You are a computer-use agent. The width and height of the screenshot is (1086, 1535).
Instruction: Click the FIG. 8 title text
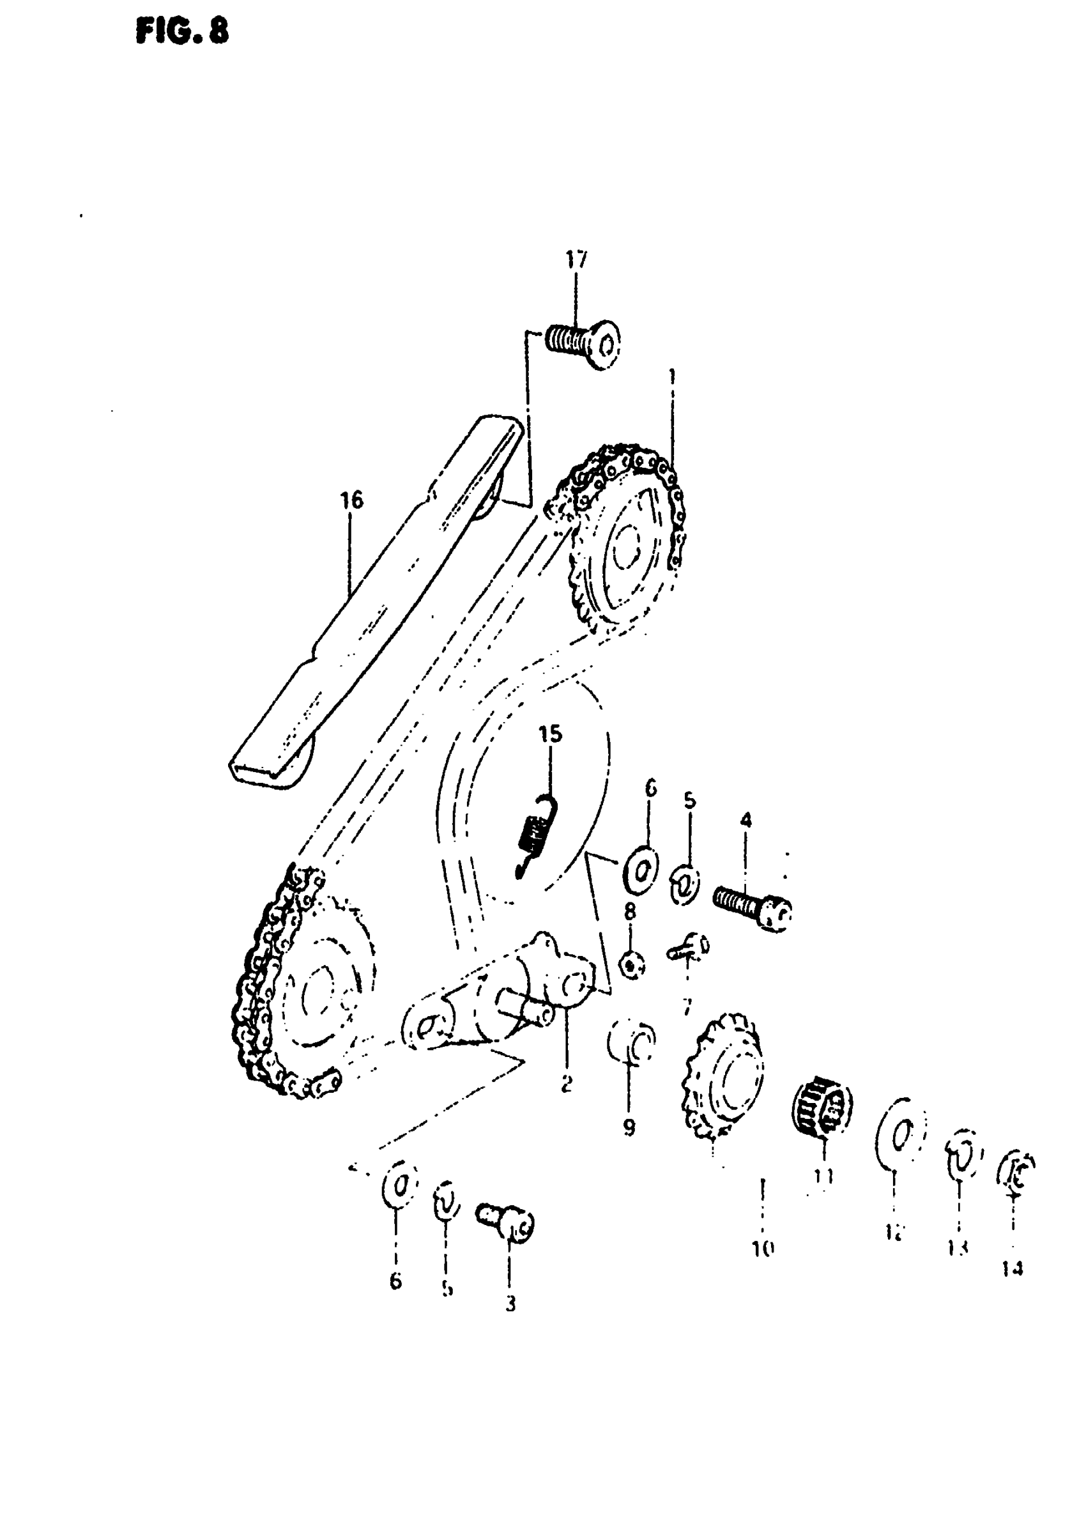[182, 31]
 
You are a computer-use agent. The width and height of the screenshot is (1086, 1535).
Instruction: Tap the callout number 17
[576, 259]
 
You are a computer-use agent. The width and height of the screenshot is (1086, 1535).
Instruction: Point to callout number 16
[352, 500]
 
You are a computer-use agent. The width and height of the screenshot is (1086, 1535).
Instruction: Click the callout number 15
[551, 734]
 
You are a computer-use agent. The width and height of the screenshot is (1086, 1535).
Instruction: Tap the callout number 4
[746, 819]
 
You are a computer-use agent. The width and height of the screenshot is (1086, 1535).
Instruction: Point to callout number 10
[763, 1248]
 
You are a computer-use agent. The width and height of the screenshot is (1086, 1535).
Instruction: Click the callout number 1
[672, 377]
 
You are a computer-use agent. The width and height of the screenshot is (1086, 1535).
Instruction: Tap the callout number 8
[630, 911]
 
